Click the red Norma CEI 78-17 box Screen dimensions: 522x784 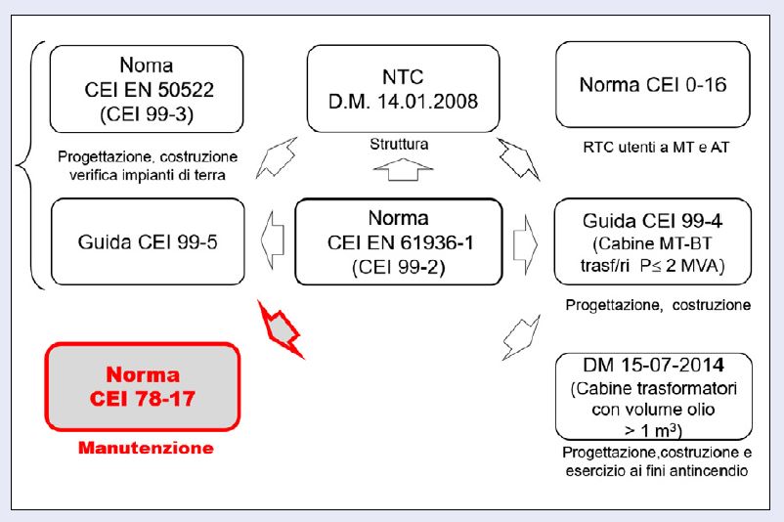pyautogui.click(x=142, y=386)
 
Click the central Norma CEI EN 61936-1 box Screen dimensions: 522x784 pyautogui.click(x=399, y=241)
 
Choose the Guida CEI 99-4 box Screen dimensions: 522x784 pyautogui.click(x=652, y=241)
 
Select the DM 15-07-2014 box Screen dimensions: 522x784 pyautogui.click(x=652, y=396)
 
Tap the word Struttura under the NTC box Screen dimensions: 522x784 pyautogui.click(x=399, y=144)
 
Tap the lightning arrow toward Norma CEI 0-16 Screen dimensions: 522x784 pyautogui.click(x=517, y=156)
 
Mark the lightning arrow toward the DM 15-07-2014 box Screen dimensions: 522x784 pyautogui.click(x=522, y=335)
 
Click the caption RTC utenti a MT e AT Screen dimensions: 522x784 pyautogui.click(x=652, y=148)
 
